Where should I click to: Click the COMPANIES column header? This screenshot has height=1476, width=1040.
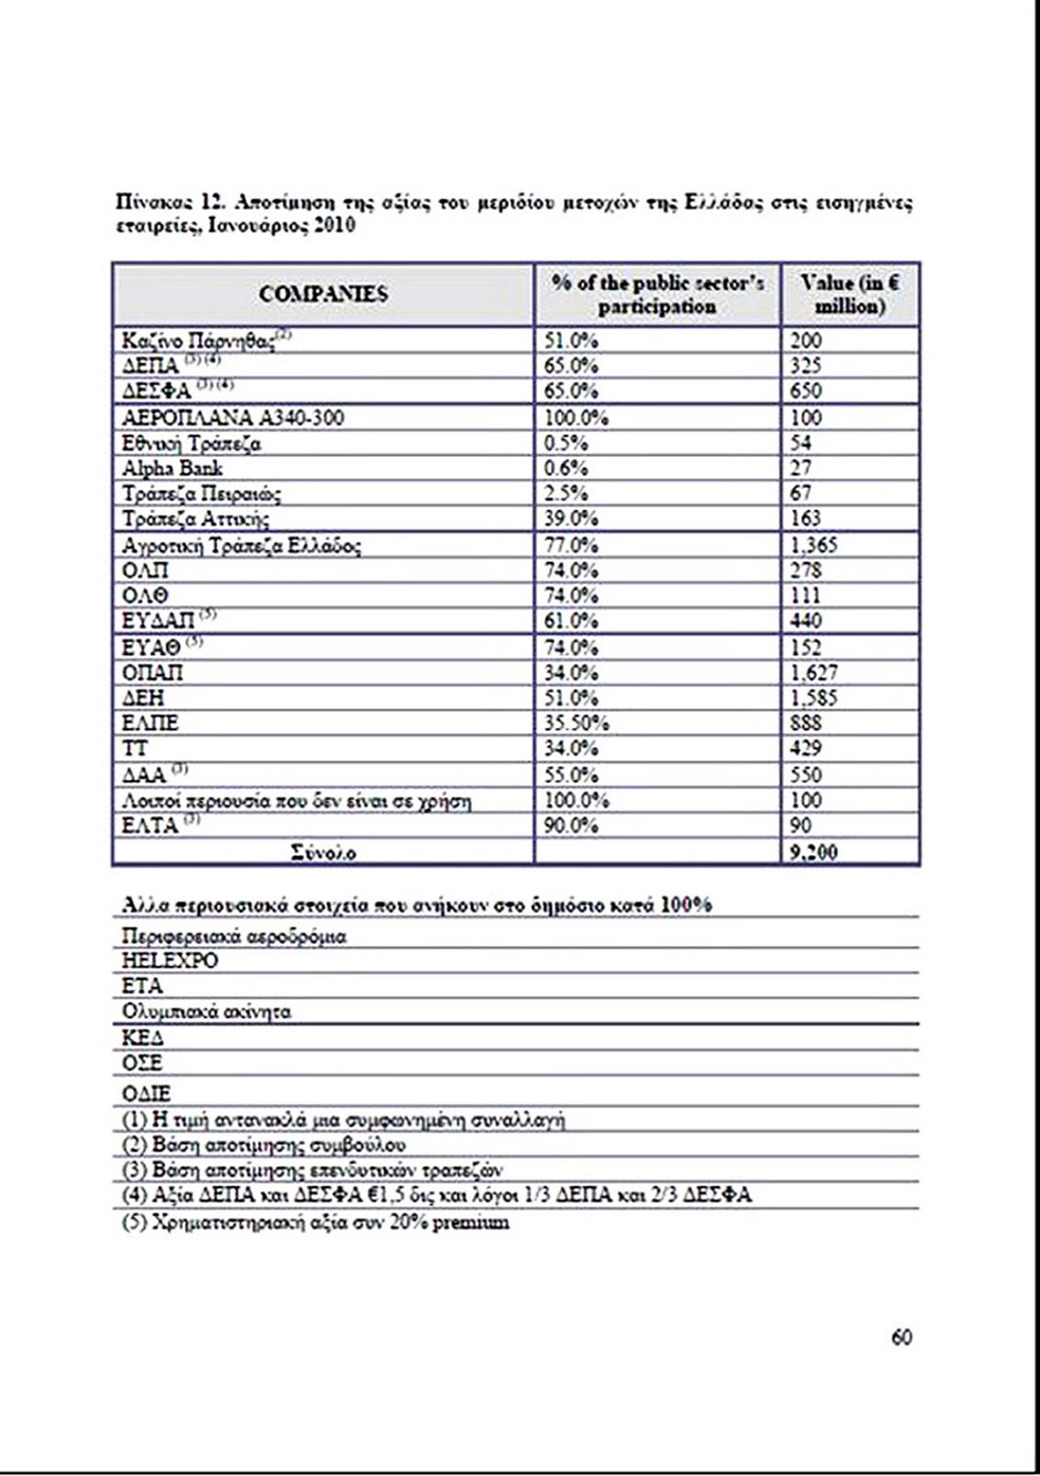[323, 294]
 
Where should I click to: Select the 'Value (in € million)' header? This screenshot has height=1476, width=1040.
[849, 294]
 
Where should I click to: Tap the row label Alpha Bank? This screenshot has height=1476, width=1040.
[172, 469]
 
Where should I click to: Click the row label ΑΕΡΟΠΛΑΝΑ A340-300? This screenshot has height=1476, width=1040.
[232, 418]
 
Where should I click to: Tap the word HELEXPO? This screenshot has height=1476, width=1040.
[170, 960]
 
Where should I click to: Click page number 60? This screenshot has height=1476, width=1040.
[901, 1337]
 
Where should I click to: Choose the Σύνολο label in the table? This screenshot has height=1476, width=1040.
[323, 852]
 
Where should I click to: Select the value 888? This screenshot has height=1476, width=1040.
[806, 723]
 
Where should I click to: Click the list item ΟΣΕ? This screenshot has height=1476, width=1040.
[142, 1063]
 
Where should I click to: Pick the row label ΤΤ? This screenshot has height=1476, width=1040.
[135, 748]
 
